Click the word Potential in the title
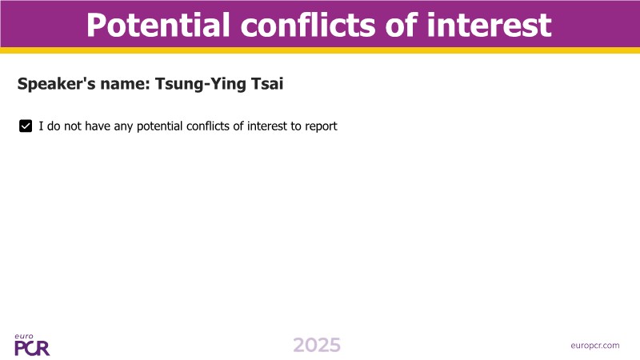158,25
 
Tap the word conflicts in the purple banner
309,25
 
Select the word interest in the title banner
489,25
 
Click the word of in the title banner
402,25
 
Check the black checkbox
26,126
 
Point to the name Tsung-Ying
201,84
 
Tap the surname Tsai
267,84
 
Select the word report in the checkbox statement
321,126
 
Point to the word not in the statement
73,126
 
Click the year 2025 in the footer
317,346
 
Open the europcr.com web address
594,346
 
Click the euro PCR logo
32,345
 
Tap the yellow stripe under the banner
320,50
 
